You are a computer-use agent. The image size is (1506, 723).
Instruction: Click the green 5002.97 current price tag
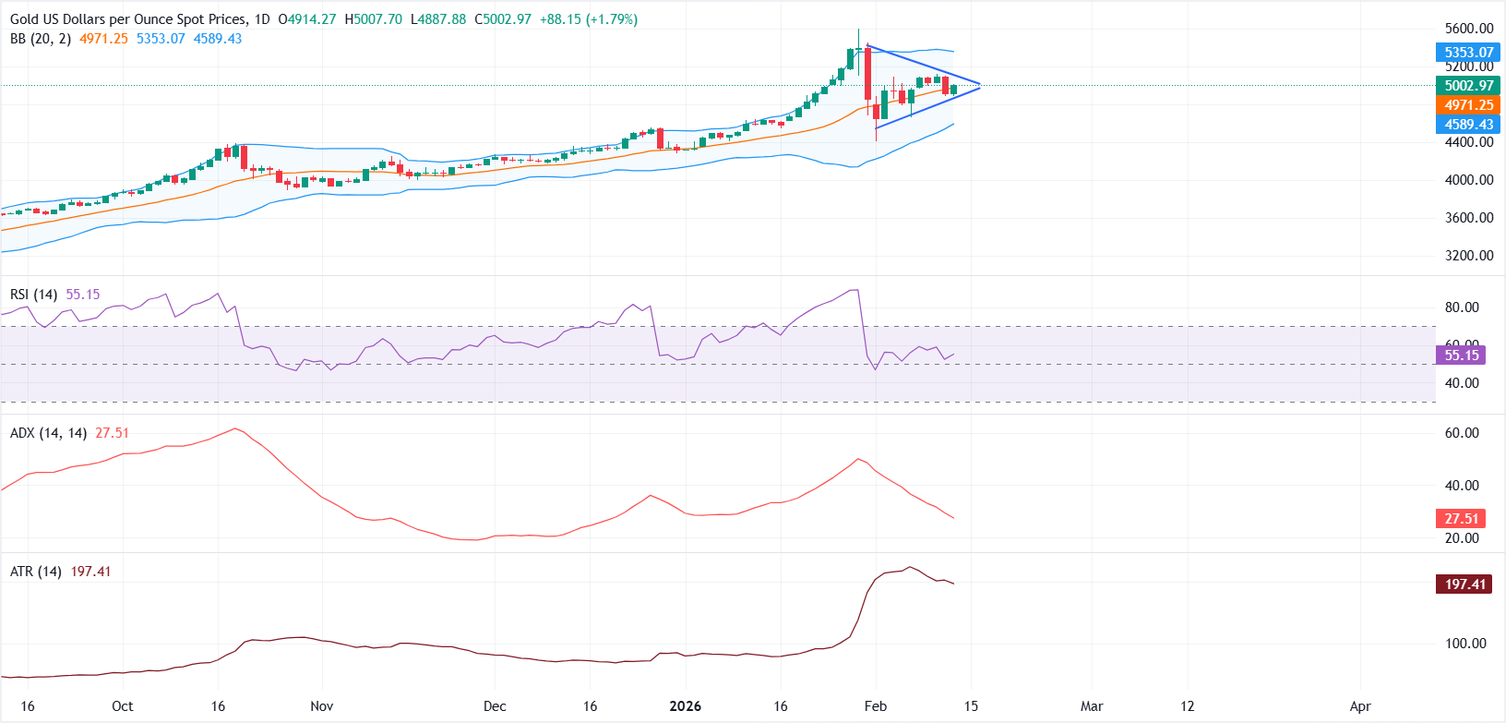pos(1468,86)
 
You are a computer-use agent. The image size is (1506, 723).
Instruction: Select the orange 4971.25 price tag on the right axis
pos(1468,105)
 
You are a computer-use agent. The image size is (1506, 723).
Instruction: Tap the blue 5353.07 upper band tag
pos(1468,53)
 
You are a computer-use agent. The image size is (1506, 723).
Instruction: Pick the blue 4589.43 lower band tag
pos(1468,125)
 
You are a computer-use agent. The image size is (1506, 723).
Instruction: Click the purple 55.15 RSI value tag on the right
pos(1461,355)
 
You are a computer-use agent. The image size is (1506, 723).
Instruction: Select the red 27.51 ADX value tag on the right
pos(1461,519)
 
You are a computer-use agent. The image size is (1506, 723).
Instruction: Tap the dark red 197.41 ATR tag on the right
pos(1464,584)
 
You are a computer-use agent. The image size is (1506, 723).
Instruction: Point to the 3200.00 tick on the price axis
pos(1468,256)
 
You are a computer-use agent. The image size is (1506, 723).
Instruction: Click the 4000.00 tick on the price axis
pos(1468,180)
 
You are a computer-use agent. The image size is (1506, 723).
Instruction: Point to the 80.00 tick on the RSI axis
pos(1462,307)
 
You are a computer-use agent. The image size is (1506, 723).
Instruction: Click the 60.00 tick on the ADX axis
pos(1462,433)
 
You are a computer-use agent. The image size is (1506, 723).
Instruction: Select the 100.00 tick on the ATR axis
pos(1465,644)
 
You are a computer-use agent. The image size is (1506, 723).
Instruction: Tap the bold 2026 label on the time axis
pos(685,706)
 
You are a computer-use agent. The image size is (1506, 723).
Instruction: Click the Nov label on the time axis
pos(321,706)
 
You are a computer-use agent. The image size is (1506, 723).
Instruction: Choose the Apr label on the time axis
pos(1359,706)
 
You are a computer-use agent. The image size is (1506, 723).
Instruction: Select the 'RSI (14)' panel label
pos(33,295)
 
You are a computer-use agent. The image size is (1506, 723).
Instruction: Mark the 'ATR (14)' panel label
pos(35,572)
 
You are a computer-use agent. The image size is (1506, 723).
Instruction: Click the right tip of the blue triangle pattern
pos(980,86)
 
